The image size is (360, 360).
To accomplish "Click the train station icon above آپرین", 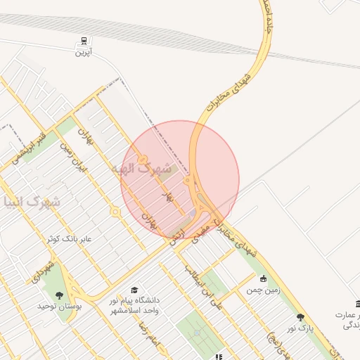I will pyautogui.click(x=84, y=41).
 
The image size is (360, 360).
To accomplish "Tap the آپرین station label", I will pyautogui.click(x=84, y=53).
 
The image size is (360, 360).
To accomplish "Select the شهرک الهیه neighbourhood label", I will pyautogui.click(x=141, y=170).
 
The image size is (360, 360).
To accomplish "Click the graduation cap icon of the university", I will pyautogui.click(x=134, y=290).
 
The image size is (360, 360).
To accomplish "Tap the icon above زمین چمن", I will pyautogui.click(x=263, y=278).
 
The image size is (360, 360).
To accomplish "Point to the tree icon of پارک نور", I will pyautogui.click(x=301, y=317).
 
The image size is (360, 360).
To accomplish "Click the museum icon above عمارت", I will pyautogui.click(x=358, y=304).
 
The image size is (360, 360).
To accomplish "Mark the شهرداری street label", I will pyautogui.click(x=34, y=271).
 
